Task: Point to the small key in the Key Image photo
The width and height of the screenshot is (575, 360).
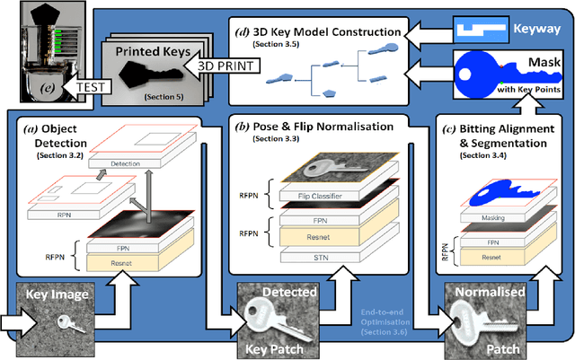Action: click(x=62, y=326)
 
